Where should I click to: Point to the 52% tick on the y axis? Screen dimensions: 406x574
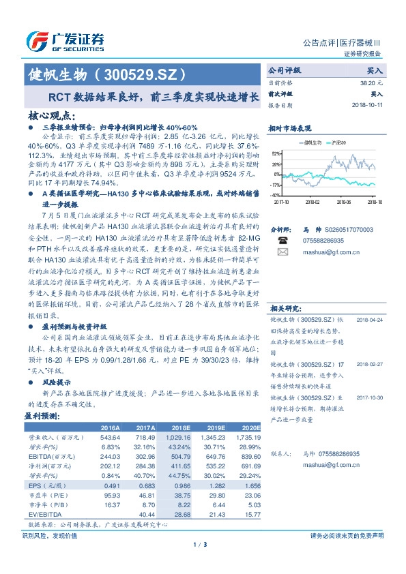(x=275, y=154)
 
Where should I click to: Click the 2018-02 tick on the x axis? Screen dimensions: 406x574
(x=312, y=202)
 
